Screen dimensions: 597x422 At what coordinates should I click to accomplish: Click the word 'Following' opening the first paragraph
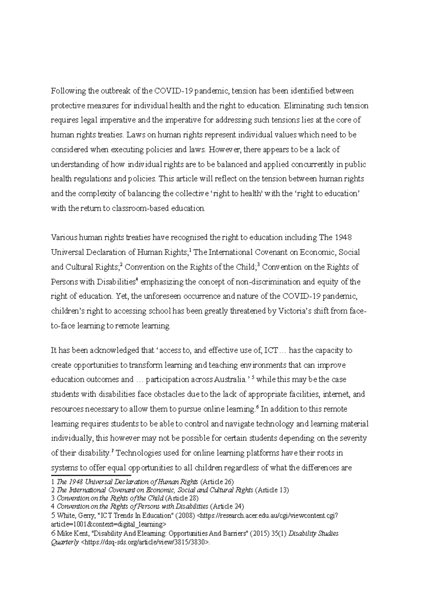(x=69, y=91)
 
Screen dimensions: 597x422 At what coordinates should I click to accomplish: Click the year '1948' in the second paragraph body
(x=343, y=237)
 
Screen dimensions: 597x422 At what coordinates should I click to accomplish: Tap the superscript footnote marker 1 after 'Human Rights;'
(x=190, y=250)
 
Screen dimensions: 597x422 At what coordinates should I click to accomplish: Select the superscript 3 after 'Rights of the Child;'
(x=259, y=265)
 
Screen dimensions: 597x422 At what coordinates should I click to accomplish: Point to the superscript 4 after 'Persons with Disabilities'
(x=137, y=280)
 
